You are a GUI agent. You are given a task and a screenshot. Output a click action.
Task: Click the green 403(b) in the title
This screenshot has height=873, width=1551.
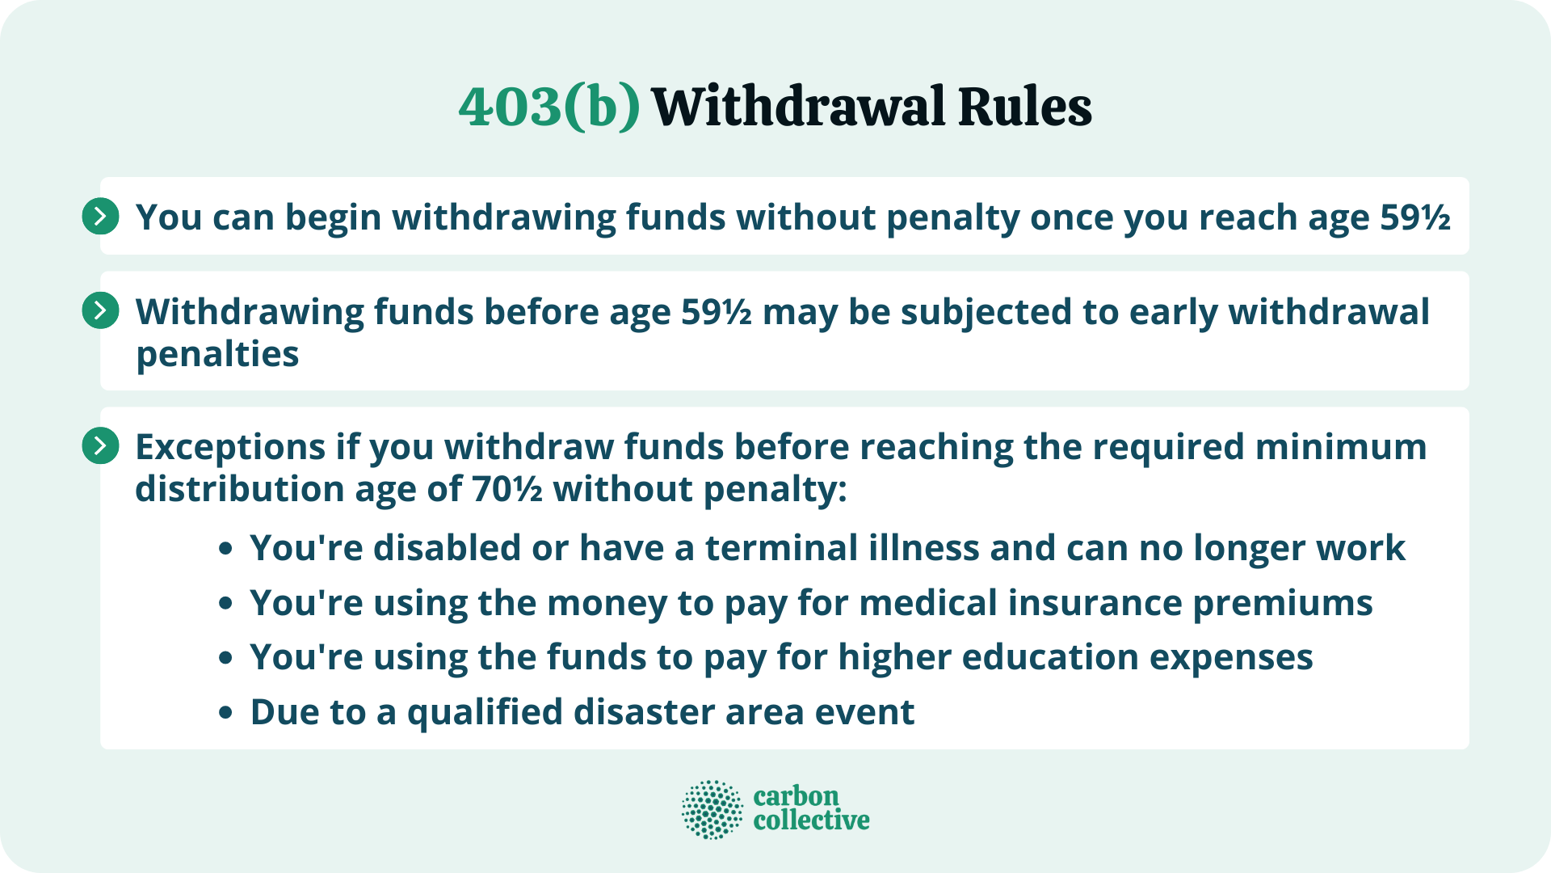point(549,107)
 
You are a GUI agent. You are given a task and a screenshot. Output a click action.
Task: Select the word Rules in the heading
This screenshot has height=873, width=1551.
point(1024,107)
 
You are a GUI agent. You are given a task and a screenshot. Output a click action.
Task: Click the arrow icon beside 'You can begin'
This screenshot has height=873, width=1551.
point(101,217)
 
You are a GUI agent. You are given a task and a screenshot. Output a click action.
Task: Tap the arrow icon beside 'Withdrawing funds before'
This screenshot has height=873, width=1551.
point(101,311)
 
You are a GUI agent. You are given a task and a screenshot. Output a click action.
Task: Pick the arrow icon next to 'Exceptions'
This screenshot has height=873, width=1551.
point(101,446)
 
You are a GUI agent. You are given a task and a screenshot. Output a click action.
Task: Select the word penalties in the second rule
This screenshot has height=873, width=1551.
point(217,354)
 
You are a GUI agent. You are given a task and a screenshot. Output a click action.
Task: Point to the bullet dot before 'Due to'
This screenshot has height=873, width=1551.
point(226,713)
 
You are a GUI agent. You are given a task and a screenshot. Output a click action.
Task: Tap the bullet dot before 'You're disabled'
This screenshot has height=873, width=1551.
point(226,549)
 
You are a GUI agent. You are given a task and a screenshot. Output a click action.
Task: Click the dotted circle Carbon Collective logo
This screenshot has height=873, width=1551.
point(712,809)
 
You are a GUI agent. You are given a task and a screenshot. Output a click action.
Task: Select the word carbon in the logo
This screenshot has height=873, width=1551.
point(796,796)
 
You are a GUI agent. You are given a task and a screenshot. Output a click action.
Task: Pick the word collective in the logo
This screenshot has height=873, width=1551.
point(811,820)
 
